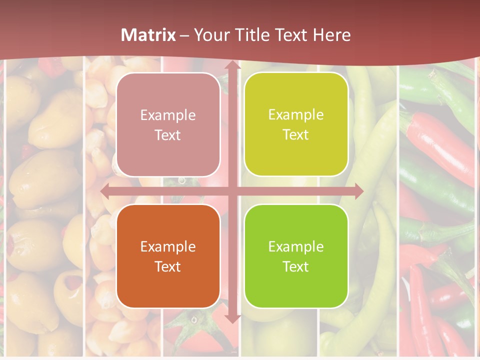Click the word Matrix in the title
pyautogui.click(x=148, y=35)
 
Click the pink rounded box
pyautogui.click(x=168, y=125)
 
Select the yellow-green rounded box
pyautogui.click(x=296, y=124)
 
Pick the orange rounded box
pyautogui.click(x=168, y=256)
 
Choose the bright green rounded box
pyautogui.click(x=296, y=256)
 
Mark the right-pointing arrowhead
pyautogui.click(x=357, y=191)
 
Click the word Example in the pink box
pyautogui.click(x=168, y=115)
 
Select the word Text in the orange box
pyautogui.click(x=168, y=266)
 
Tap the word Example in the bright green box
pyautogui.click(x=296, y=246)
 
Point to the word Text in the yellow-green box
pyautogui.click(x=296, y=135)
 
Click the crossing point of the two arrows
pyautogui.click(x=232, y=191)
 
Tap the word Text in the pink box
pyautogui.click(x=168, y=135)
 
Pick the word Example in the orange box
pyautogui.click(x=168, y=246)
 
